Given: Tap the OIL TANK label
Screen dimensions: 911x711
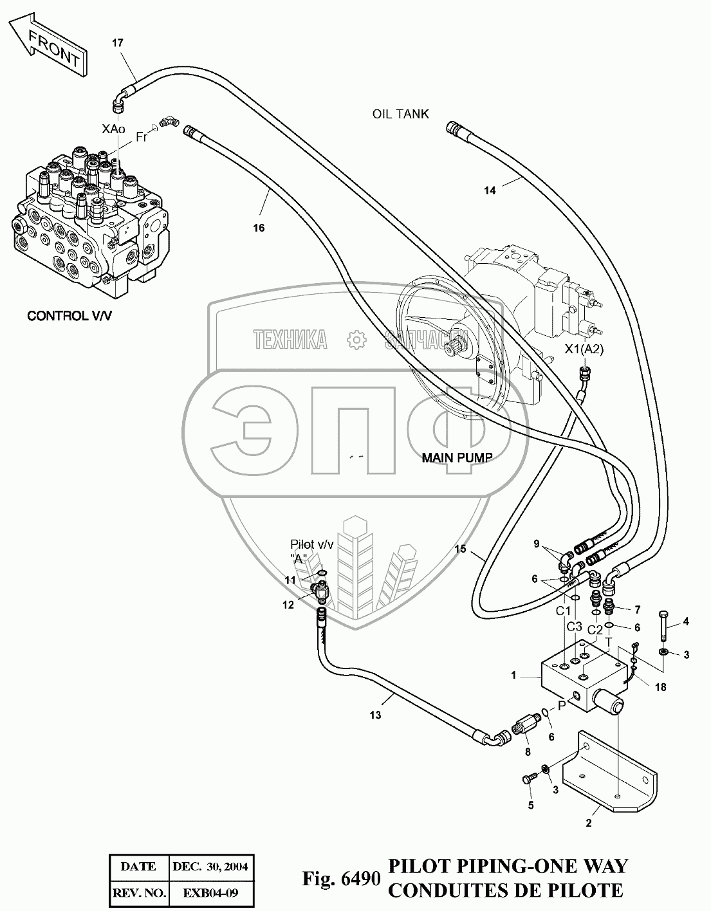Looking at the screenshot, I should coord(400,114).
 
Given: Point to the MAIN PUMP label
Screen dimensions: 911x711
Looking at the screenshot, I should coord(457,458).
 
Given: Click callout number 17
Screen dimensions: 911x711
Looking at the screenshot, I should coord(117,43).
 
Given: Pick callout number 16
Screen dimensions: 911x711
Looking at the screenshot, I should coord(259,227).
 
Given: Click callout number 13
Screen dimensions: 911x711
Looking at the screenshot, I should coord(375,715).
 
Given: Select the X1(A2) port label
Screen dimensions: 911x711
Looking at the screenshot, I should coord(584,349).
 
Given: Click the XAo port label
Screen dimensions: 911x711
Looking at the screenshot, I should coord(113,129).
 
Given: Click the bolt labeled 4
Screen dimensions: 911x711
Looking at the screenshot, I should coord(663,627).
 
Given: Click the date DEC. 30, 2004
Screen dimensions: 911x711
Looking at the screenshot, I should coord(210,866).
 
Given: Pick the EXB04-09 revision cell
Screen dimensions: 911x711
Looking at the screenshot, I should coord(210,894).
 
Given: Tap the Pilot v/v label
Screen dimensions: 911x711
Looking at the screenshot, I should coord(312,544).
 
